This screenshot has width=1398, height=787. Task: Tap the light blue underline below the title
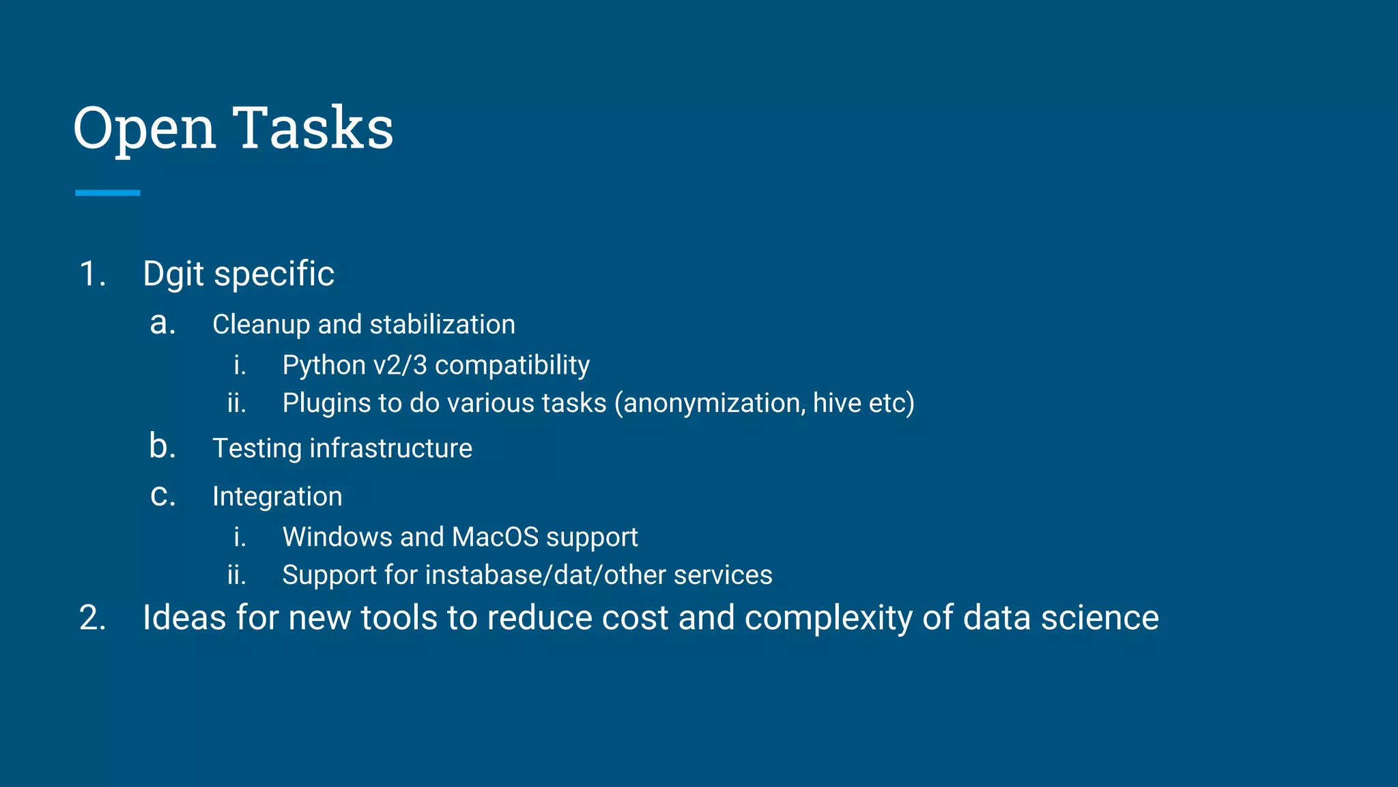click(x=107, y=193)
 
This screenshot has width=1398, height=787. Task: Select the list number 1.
click(x=92, y=274)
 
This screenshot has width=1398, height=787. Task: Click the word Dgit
click(x=173, y=275)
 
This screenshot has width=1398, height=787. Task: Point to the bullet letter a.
click(x=162, y=323)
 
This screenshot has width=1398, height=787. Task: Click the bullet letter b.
click(x=162, y=447)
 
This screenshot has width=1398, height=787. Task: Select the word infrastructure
click(x=390, y=449)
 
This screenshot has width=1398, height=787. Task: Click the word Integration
click(x=277, y=497)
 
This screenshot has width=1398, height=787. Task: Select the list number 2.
click(x=92, y=618)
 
